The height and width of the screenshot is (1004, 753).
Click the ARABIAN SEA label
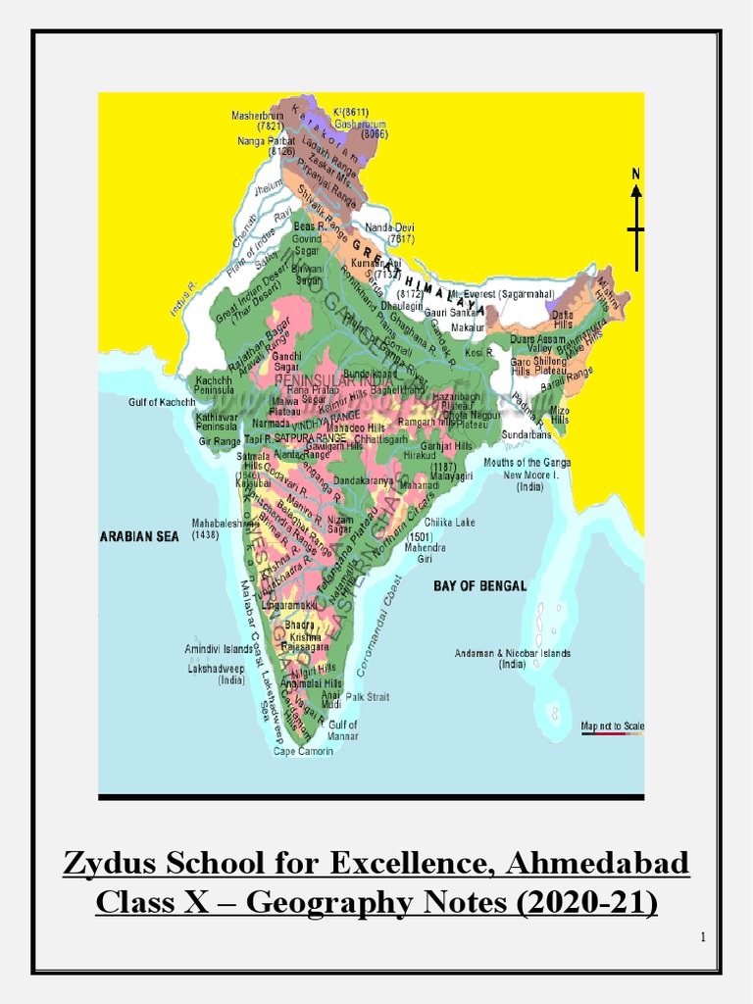point(139,536)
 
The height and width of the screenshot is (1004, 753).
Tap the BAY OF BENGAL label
point(479,585)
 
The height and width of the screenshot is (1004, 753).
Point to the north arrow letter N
point(636,175)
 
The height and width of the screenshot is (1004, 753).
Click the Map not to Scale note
point(612,726)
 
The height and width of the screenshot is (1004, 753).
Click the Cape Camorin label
point(303,751)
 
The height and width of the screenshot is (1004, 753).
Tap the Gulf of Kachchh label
point(162,402)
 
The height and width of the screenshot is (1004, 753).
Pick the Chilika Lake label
point(449,523)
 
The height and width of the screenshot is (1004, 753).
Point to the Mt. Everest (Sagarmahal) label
point(502,293)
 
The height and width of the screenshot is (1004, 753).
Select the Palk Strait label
point(368,697)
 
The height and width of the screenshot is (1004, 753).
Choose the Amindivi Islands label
point(219,649)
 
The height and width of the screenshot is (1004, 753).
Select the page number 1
point(702,937)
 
